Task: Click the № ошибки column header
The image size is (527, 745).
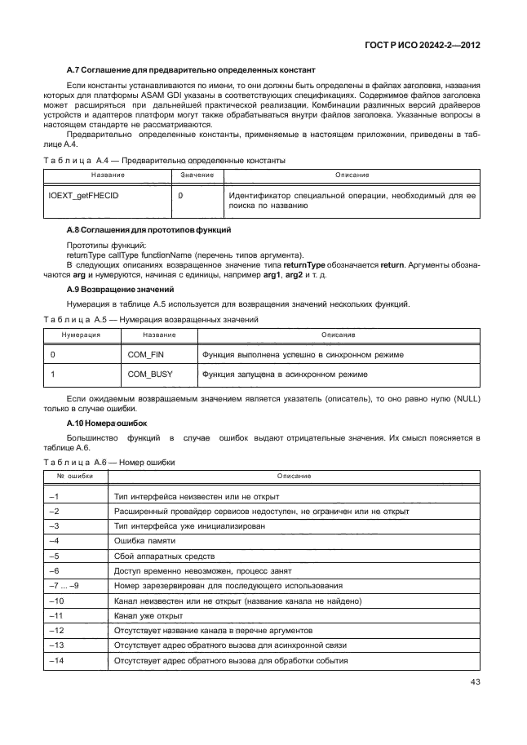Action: coord(74,475)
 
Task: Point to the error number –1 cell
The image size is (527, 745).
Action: coord(55,496)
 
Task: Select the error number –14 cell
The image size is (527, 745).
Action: coord(57,661)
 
